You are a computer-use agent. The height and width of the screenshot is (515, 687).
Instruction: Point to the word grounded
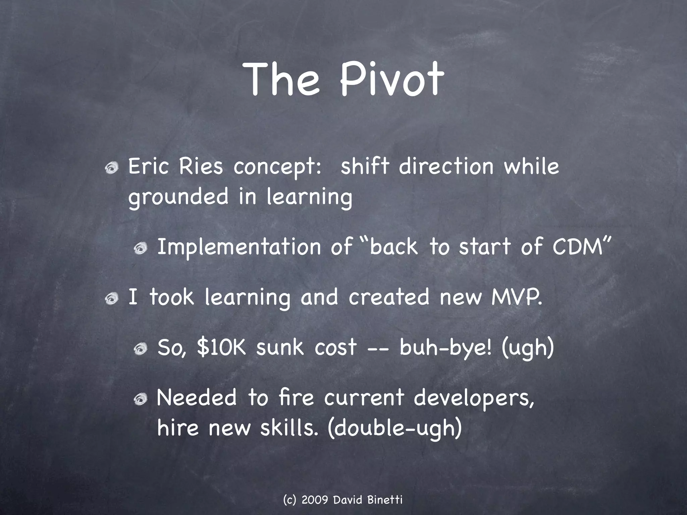(x=178, y=197)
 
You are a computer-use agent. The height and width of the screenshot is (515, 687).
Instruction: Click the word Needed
(x=197, y=398)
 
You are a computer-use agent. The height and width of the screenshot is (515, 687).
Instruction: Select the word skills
(x=288, y=428)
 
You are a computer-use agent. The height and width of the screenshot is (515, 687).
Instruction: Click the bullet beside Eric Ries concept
(x=111, y=168)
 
